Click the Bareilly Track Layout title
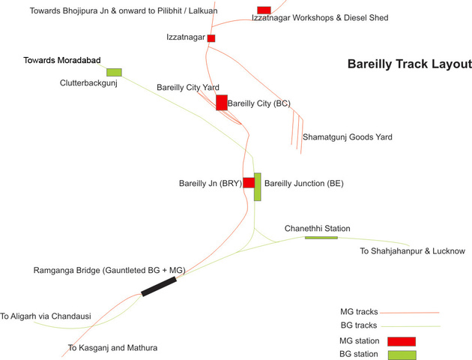(409, 64)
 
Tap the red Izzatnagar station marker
(211, 37)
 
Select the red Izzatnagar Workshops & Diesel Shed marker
(264, 10)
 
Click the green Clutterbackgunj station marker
(114, 72)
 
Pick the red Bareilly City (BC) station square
(222, 102)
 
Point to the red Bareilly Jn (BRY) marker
(249, 182)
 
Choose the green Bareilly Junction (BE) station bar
(258, 187)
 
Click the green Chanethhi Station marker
(321, 238)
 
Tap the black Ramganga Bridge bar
(159, 286)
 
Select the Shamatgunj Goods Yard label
(347, 137)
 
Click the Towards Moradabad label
(61, 60)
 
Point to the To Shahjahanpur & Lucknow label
(412, 250)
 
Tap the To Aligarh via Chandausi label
(46, 316)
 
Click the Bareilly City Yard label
(187, 88)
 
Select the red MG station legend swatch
(401, 341)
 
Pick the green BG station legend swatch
(401, 354)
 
